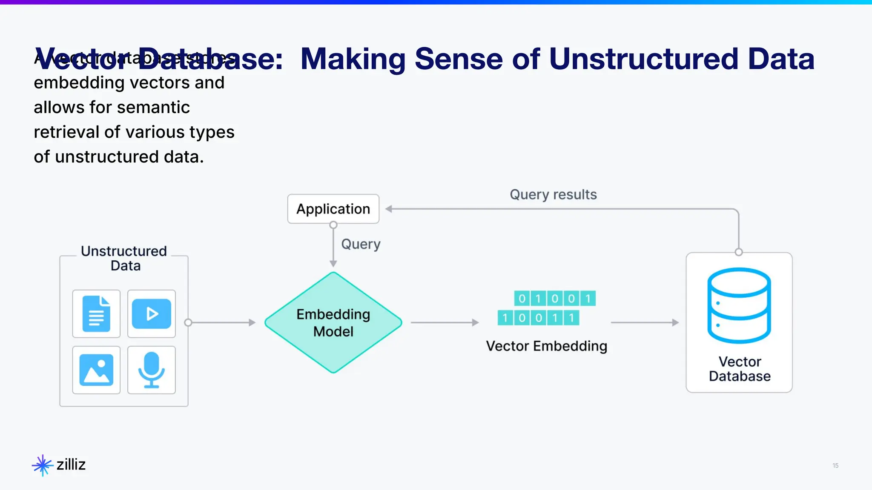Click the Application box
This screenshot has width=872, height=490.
[x=333, y=209]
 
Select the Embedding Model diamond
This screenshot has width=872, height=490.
[x=333, y=322]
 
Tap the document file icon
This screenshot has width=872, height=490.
[x=96, y=314]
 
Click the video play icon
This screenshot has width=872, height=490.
[x=152, y=314]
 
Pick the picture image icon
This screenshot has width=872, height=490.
[x=96, y=370]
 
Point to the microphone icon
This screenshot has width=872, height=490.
[x=152, y=370]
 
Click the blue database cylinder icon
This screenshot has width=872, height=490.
[x=739, y=305]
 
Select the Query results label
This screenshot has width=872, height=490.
[x=553, y=194]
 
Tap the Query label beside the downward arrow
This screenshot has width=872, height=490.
[x=361, y=244]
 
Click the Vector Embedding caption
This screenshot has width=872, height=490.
[x=546, y=346]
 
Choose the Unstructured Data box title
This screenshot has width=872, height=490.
[x=124, y=258]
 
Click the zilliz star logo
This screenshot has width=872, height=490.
[x=42, y=465]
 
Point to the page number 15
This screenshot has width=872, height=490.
[x=835, y=465]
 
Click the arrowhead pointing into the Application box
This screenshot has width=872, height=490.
[x=389, y=209]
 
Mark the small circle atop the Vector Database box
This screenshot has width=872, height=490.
[x=739, y=252]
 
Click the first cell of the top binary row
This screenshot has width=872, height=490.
[x=522, y=298]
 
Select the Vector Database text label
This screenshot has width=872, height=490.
[x=740, y=369]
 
